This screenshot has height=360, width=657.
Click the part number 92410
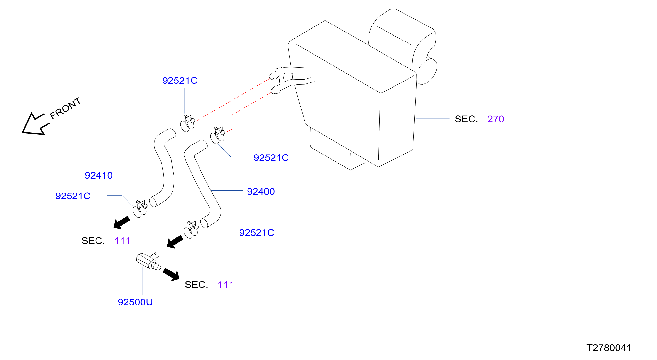[98, 176]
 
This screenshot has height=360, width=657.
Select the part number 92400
[261, 192]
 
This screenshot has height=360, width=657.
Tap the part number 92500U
[135, 302]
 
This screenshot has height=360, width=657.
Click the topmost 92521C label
[180, 81]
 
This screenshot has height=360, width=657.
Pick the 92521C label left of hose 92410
[73, 196]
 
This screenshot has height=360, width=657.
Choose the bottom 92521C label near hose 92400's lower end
[256, 233]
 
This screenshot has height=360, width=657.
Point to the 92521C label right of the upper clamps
[271, 158]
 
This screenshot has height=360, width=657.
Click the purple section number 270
[495, 119]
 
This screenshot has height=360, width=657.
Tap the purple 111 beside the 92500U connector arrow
[226, 285]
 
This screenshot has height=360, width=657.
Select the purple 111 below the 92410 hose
[122, 241]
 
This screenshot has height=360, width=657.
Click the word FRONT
[65, 108]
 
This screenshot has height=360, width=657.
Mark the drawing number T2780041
[609, 348]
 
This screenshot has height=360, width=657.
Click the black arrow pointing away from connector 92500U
[171, 275]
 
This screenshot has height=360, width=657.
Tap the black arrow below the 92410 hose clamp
[121, 223]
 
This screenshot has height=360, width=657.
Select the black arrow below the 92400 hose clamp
[175, 242]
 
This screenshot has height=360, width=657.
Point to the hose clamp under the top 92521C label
[188, 123]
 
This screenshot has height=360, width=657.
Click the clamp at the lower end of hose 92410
[140, 209]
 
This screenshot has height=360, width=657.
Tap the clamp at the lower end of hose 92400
[191, 230]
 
